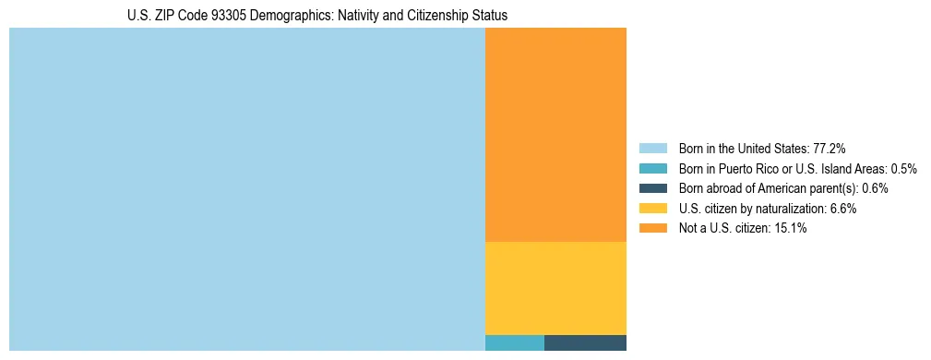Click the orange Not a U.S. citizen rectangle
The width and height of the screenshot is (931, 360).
click(x=555, y=134)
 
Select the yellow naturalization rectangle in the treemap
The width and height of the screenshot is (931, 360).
click(x=555, y=287)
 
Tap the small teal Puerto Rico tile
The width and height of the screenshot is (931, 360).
click(x=515, y=342)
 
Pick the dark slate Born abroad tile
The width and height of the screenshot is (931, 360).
click(x=585, y=342)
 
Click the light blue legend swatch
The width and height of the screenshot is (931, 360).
click(x=652, y=149)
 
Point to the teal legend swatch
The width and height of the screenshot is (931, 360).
click(x=652, y=169)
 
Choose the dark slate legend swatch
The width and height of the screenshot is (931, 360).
click(x=652, y=188)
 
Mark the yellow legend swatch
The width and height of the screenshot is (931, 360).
click(x=652, y=209)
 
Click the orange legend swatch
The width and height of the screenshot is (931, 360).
click(x=652, y=228)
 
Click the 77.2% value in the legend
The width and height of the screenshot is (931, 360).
click(x=830, y=149)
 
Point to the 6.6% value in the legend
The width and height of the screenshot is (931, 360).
click(x=842, y=209)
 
